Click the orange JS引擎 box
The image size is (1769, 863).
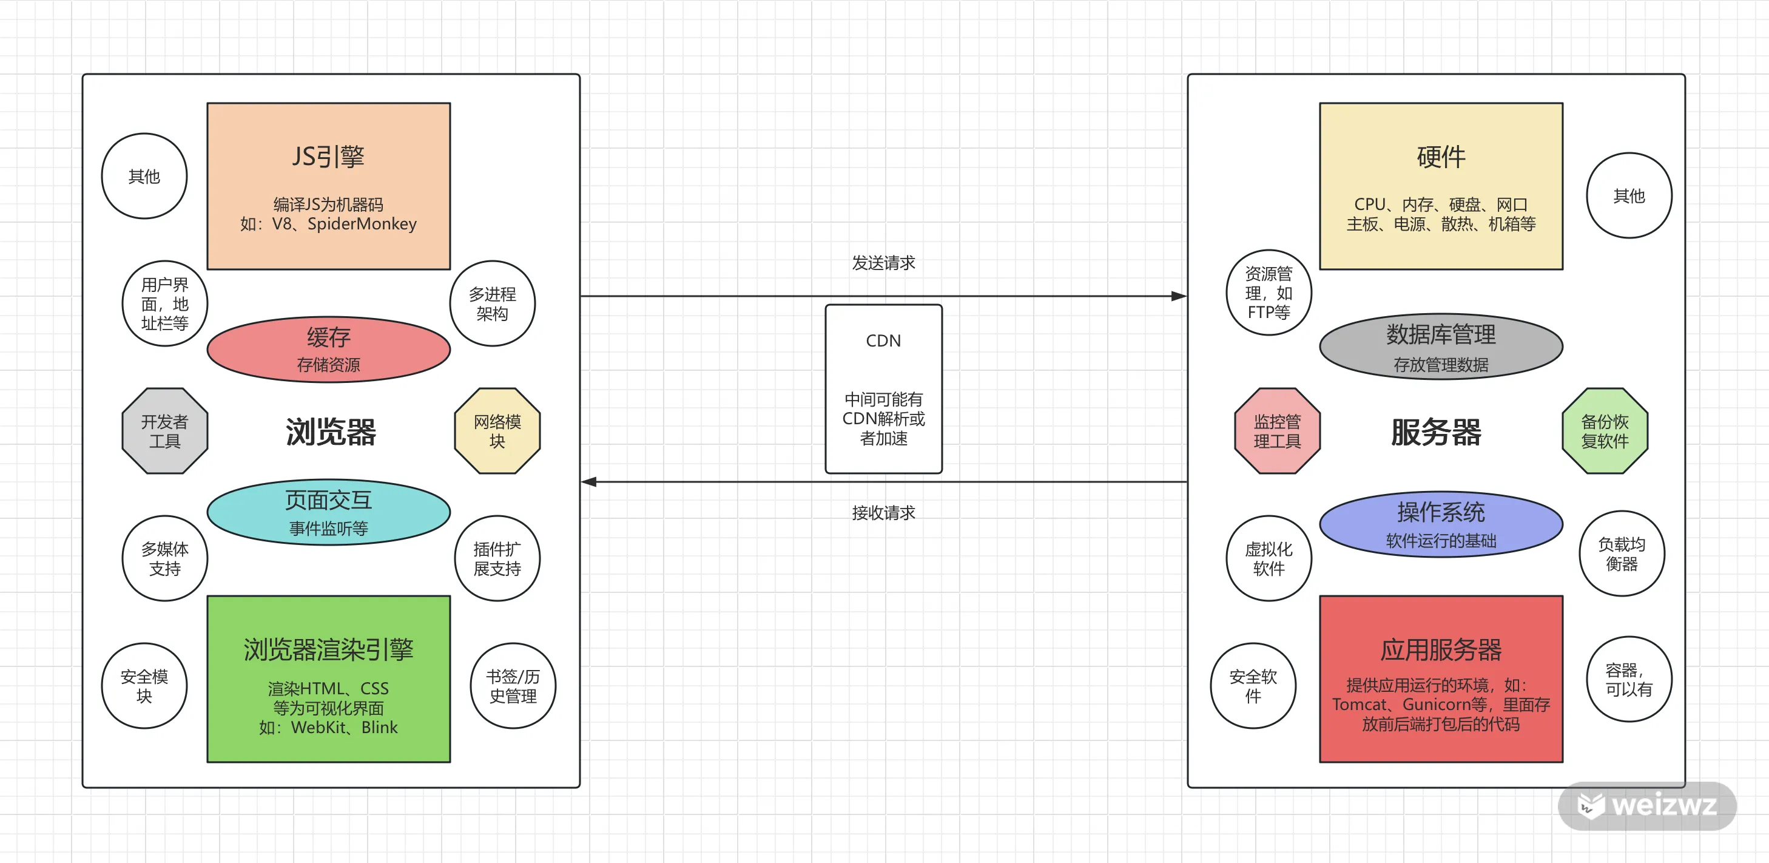click(329, 186)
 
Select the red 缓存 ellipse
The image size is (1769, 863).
click(329, 349)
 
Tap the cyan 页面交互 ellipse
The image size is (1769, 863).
click(329, 512)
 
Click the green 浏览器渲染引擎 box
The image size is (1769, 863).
click(329, 679)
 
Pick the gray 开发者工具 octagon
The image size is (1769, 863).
click(165, 431)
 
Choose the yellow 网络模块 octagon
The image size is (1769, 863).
click(497, 431)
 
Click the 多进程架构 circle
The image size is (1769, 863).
click(493, 303)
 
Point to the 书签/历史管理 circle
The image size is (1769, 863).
click(513, 686)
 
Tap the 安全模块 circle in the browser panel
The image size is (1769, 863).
click(144, 686)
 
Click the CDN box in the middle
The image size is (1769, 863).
click(884, 389)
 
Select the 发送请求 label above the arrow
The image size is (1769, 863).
click(884, 262)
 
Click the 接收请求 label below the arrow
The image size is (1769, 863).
click(884, 513)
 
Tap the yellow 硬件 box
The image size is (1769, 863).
click(1441, 186)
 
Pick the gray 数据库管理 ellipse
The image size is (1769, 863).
click(1441, 347)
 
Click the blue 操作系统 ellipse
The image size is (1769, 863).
click(1441, 524)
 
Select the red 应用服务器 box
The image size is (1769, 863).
click(1441, 679)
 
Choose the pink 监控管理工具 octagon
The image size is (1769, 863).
click(1277, 431)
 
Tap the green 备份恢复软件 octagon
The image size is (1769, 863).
click(1605, 431)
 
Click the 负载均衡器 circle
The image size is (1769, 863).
click(1622, 553)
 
